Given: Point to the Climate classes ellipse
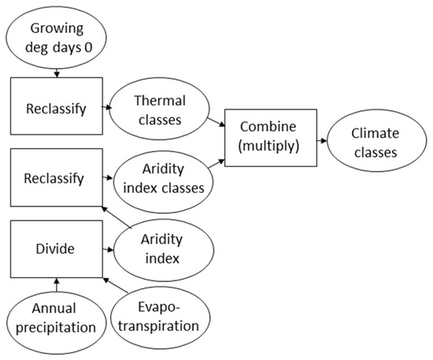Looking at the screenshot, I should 374,143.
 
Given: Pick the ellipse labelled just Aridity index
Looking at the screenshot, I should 164,248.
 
